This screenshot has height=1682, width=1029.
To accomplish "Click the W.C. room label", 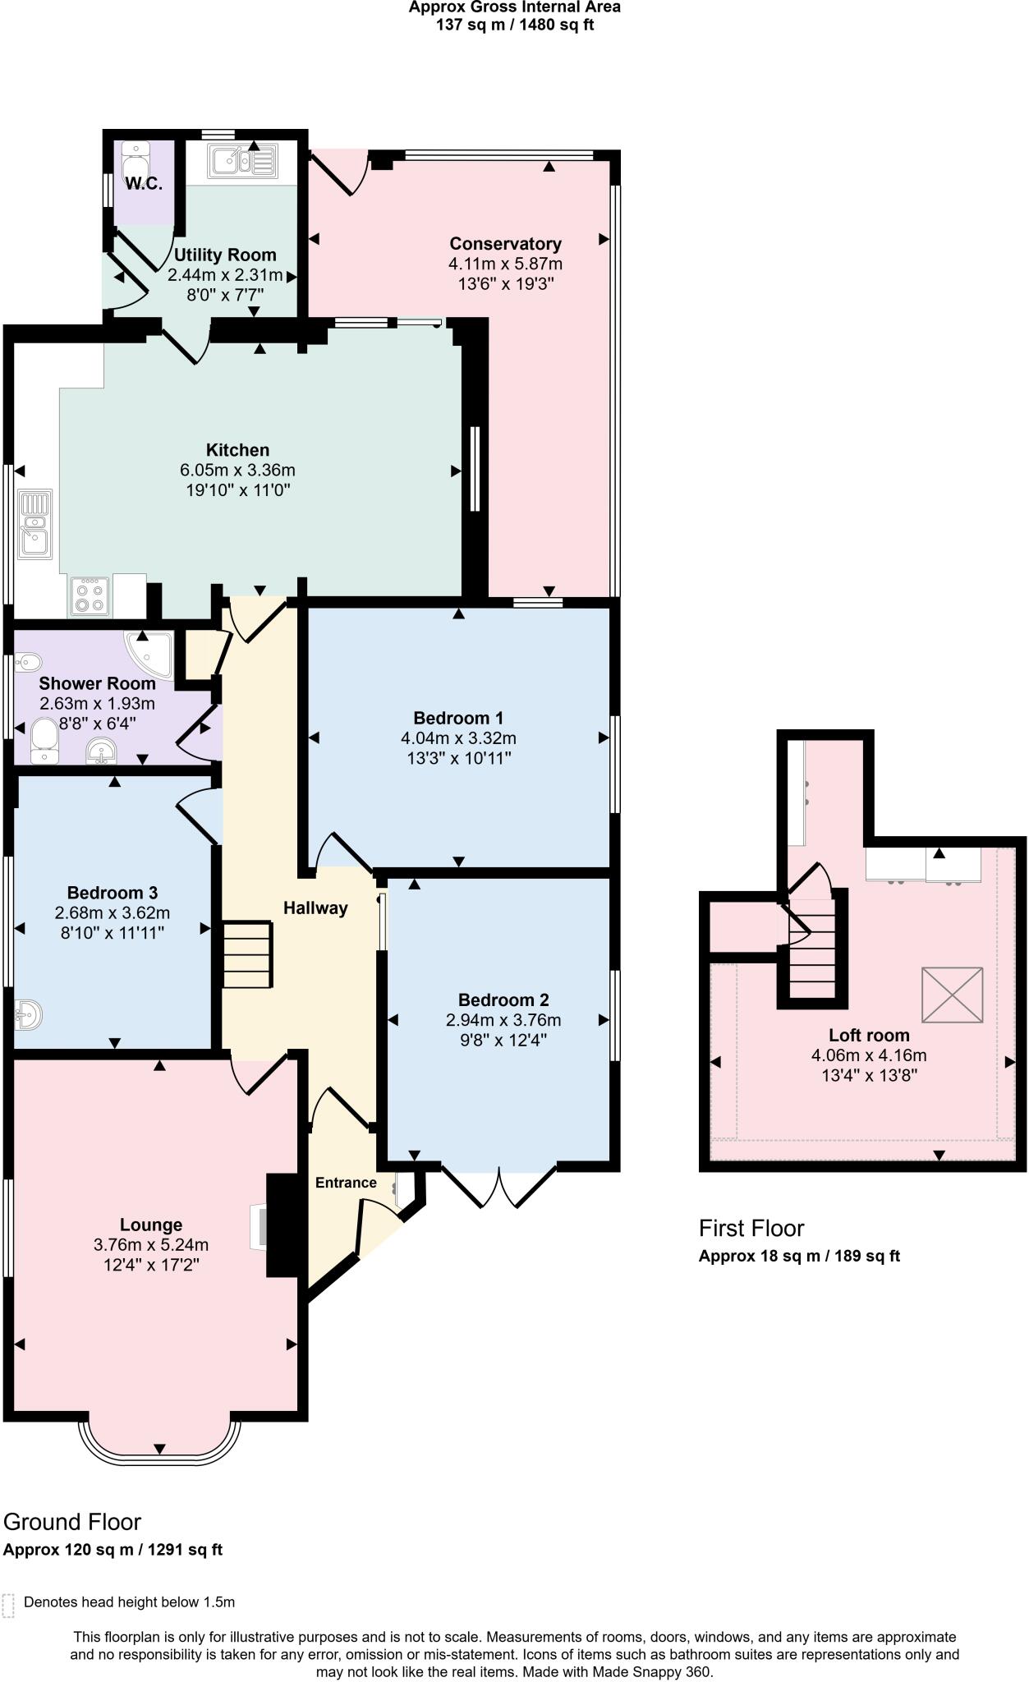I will (144, 183).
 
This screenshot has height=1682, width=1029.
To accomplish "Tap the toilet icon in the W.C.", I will (136, 160).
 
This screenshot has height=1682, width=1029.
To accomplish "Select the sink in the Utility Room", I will (243, 160).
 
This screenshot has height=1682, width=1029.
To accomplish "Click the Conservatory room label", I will (505, 244).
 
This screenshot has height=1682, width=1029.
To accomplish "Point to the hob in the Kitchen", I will (89, 596).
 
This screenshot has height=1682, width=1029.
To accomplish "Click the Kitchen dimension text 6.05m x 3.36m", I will (237, 471).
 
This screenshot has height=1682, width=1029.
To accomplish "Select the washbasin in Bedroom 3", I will (28, 1015).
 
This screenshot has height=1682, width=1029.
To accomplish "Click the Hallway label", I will (315, 908).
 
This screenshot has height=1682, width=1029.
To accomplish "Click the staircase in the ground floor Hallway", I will (247, 954).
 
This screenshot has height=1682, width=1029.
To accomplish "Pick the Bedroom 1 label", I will (458, 718).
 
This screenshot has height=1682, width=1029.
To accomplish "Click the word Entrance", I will (346, 1183).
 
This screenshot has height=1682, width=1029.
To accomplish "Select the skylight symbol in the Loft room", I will (952, 995).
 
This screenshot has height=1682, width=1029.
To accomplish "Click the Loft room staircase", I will (811, 953).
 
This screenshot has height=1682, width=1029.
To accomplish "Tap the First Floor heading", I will (751, 1229).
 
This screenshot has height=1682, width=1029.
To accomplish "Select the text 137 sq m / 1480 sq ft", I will (515, 25).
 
